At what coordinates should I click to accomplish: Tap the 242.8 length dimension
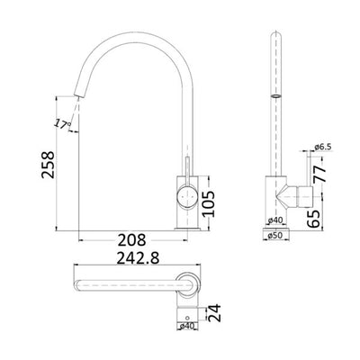pyautogui.click(x=131, y=260)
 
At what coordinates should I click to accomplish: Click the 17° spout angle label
pyautogui.click(x=61, y=123)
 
